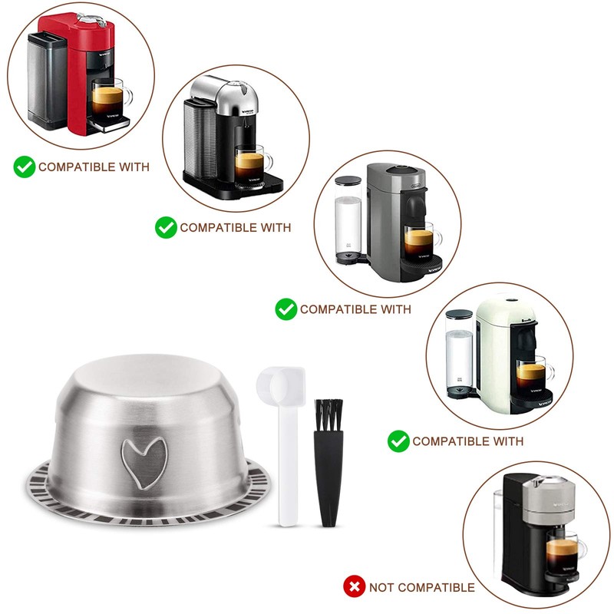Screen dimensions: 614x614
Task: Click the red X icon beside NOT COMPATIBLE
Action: tap(354, 587)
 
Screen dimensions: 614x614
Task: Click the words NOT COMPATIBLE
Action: tap(421, 587)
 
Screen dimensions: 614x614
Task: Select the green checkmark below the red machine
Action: tap(25, 167)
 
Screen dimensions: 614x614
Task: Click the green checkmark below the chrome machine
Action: tap(166, 227)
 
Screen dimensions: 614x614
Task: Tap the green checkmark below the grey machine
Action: tap(286, 309)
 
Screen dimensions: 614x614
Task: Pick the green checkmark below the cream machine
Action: tap(398, 441)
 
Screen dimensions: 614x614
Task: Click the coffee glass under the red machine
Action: tap(109, 97)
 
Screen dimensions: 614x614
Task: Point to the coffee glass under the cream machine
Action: tap(532, 376)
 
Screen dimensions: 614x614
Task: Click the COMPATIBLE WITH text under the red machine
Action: tap(94, 167)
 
